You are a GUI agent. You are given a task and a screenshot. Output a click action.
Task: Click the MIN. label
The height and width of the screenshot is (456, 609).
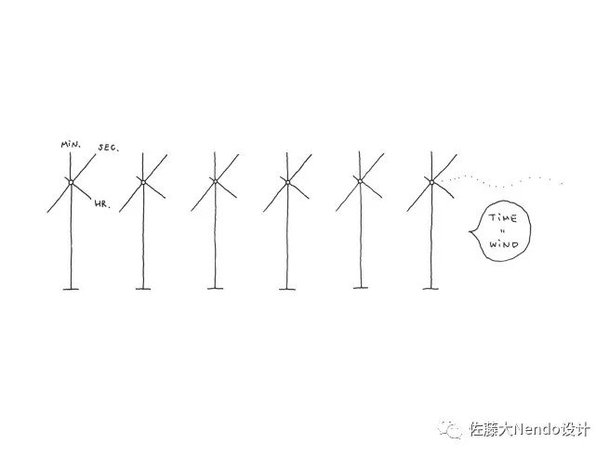pos(69,146)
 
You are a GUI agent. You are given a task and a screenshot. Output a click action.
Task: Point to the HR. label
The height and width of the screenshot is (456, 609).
pos(101,204)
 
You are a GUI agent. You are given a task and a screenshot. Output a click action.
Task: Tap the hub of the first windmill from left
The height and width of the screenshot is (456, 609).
pos(71,181)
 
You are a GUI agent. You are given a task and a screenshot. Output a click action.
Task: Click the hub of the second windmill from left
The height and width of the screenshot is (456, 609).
pos(143,181)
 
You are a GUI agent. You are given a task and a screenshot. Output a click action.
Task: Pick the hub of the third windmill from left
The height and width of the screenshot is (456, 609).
pos(215,180)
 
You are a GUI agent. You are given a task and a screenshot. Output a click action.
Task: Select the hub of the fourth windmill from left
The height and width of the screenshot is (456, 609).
pos(287,181)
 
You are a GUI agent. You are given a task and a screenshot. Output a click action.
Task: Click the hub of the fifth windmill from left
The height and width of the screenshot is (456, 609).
pos(360,180)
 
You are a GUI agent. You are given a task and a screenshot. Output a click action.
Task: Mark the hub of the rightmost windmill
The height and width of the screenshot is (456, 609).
pos(431,181)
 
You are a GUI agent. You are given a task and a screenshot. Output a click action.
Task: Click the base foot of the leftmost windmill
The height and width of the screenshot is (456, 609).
pos(72,289)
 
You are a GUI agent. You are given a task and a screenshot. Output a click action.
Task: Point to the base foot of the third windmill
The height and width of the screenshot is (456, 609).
pos(215,289)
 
